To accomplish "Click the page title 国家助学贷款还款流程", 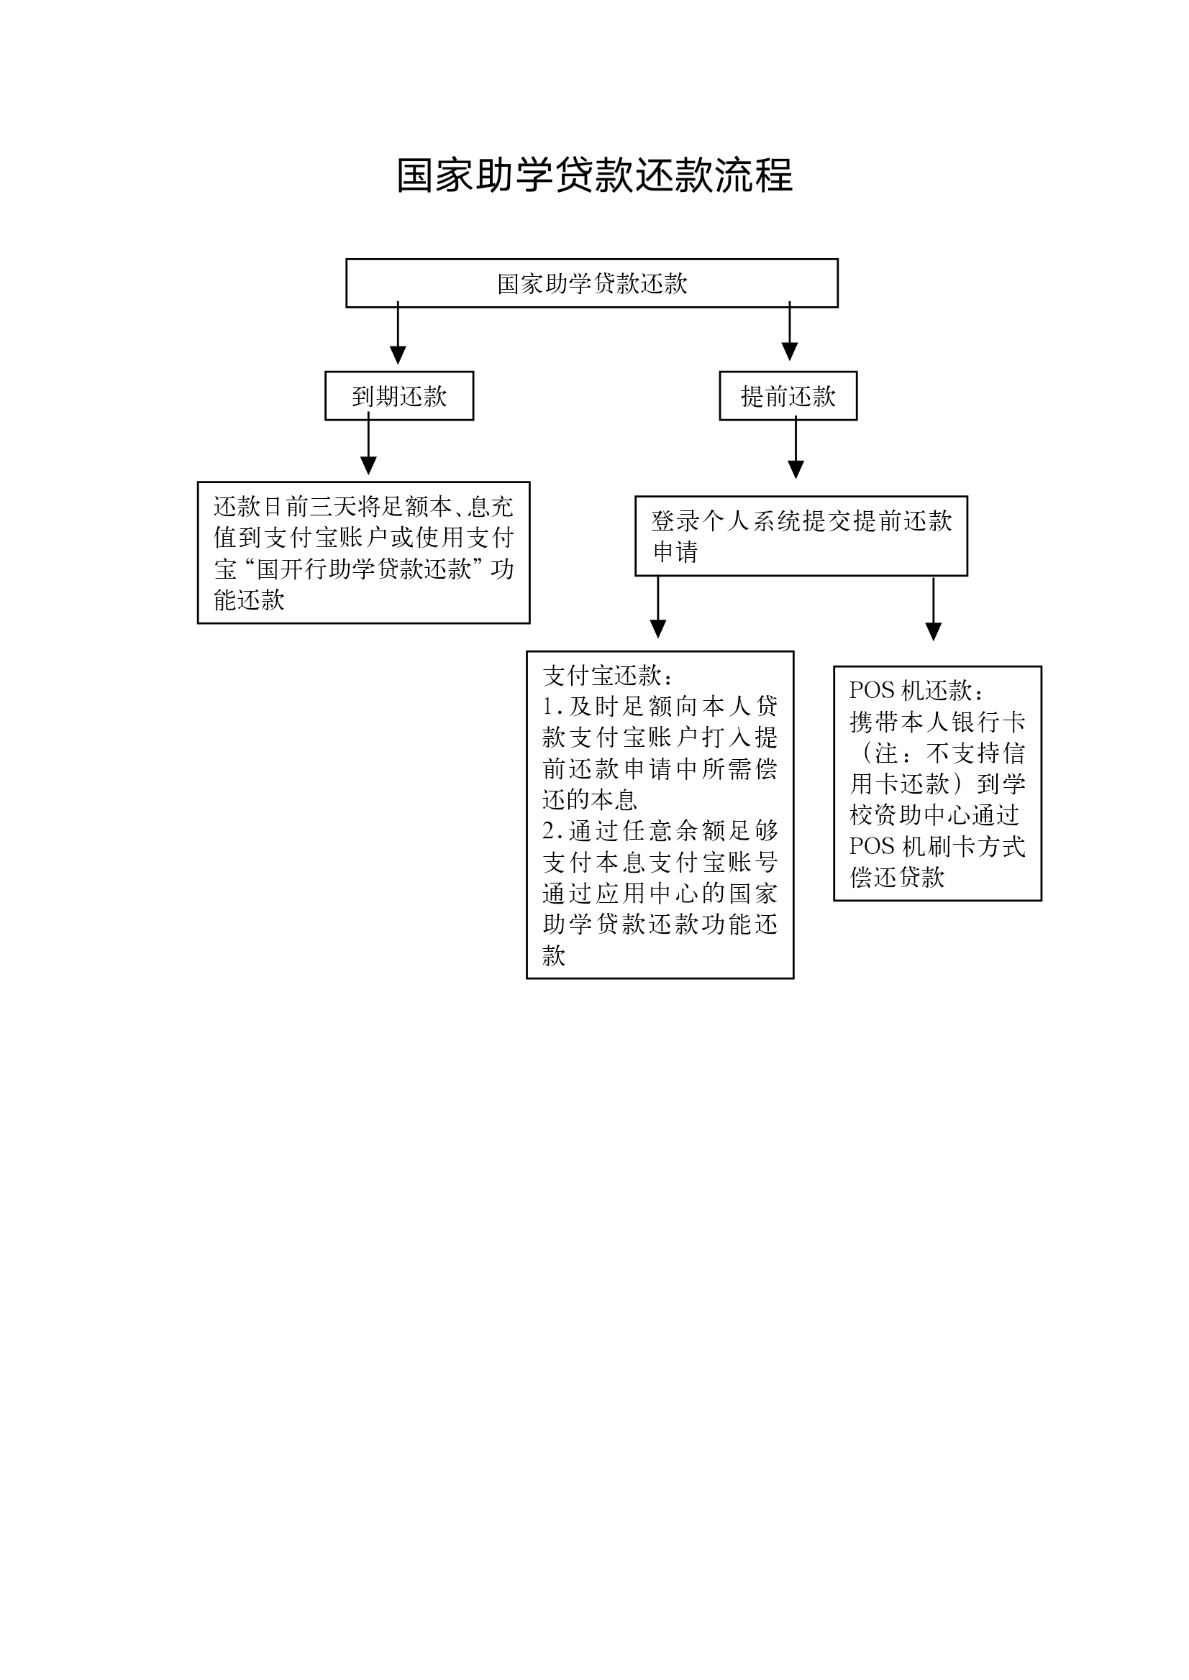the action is tap(594, 175).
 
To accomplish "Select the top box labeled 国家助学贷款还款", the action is tap(591, 283).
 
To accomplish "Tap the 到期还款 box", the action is tap(399, 396).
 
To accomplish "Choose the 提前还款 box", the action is tap(788, 396).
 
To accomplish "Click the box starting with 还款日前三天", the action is tap(363, 552).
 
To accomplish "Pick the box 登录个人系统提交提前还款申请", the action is tap(801, 536).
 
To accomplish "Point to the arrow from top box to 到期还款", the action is tap(398, 333).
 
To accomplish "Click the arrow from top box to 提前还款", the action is tap(789, 331).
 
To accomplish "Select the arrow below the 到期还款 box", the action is tap(368, 444).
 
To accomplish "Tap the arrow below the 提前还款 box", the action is tap(796, 447).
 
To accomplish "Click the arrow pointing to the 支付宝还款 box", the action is tap(658, 607).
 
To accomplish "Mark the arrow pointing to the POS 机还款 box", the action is tap(934, 610).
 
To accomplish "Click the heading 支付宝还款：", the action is tap(609, 675).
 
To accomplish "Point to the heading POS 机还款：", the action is tap(916, 690).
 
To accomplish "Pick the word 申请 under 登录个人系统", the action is tap(675, 551).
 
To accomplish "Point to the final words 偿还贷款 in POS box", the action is tap(897, 876).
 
